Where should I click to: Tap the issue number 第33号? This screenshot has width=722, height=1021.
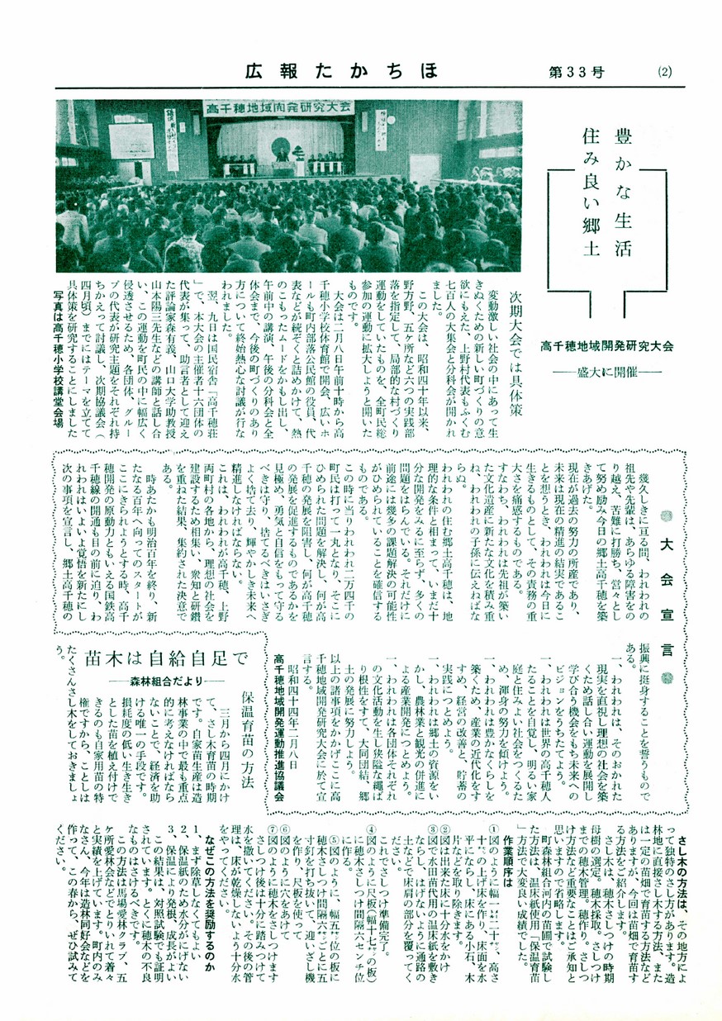click(x=576, y=72)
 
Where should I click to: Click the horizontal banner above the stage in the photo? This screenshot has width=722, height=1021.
click(x=278, y=107)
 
